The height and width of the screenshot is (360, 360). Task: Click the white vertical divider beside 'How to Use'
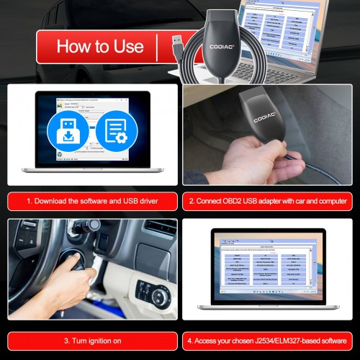click(156, 47)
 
